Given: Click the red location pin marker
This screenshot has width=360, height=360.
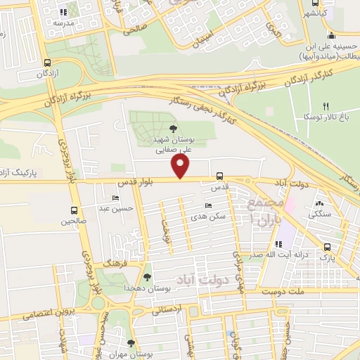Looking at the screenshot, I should (181, 167).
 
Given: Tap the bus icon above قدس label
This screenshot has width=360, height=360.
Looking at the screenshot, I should (220, 176).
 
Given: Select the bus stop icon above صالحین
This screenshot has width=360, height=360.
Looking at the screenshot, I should (75, 210).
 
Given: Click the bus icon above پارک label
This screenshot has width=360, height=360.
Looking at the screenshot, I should (328, 247).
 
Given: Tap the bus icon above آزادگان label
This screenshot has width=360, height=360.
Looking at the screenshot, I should (47, 60).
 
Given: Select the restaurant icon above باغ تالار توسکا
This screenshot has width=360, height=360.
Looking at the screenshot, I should (325, 105).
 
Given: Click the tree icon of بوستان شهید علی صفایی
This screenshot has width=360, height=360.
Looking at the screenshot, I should (173, 127).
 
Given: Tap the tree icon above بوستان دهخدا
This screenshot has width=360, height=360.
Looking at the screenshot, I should (147, 277).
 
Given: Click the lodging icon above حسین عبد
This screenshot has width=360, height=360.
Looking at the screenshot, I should (116, 198).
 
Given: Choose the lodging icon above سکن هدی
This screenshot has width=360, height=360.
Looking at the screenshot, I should (207, 205).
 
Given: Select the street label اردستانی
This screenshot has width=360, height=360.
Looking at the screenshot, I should (165, 309).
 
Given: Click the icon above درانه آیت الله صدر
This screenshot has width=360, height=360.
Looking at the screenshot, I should (279, 244).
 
